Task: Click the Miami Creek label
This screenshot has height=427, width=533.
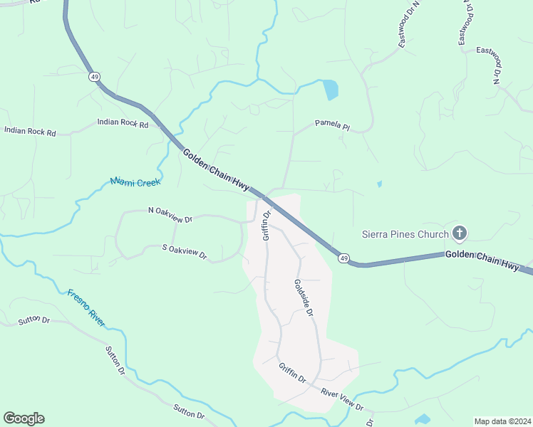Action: tap(135, 182)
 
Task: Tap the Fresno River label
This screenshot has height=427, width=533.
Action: tap(86, 307)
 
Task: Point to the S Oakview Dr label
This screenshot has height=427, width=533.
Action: tap(184, 251)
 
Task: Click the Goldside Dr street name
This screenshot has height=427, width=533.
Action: tap(304, 297)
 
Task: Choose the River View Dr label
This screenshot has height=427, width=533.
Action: tap(342, 400)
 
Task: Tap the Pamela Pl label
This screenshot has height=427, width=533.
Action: tap(333, 127)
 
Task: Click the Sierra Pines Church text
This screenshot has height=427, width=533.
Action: tap(405, 234)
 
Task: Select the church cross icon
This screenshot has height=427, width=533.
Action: tap(460, 233)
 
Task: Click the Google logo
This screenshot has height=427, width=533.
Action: tap(24, 418)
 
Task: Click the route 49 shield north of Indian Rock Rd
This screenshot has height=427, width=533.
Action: tap(93, 76)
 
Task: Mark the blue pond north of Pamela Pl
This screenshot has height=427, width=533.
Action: tap(330, 90)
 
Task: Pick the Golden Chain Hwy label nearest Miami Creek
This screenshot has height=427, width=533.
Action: tap(215, 170)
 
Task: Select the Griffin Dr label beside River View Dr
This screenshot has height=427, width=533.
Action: tap(292, 373)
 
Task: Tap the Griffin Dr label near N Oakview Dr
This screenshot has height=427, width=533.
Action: tap(267, 224)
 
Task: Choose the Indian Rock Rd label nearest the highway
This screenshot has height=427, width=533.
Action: tap(123, 124)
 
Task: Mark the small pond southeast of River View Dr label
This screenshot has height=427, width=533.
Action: tap(423, 418)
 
